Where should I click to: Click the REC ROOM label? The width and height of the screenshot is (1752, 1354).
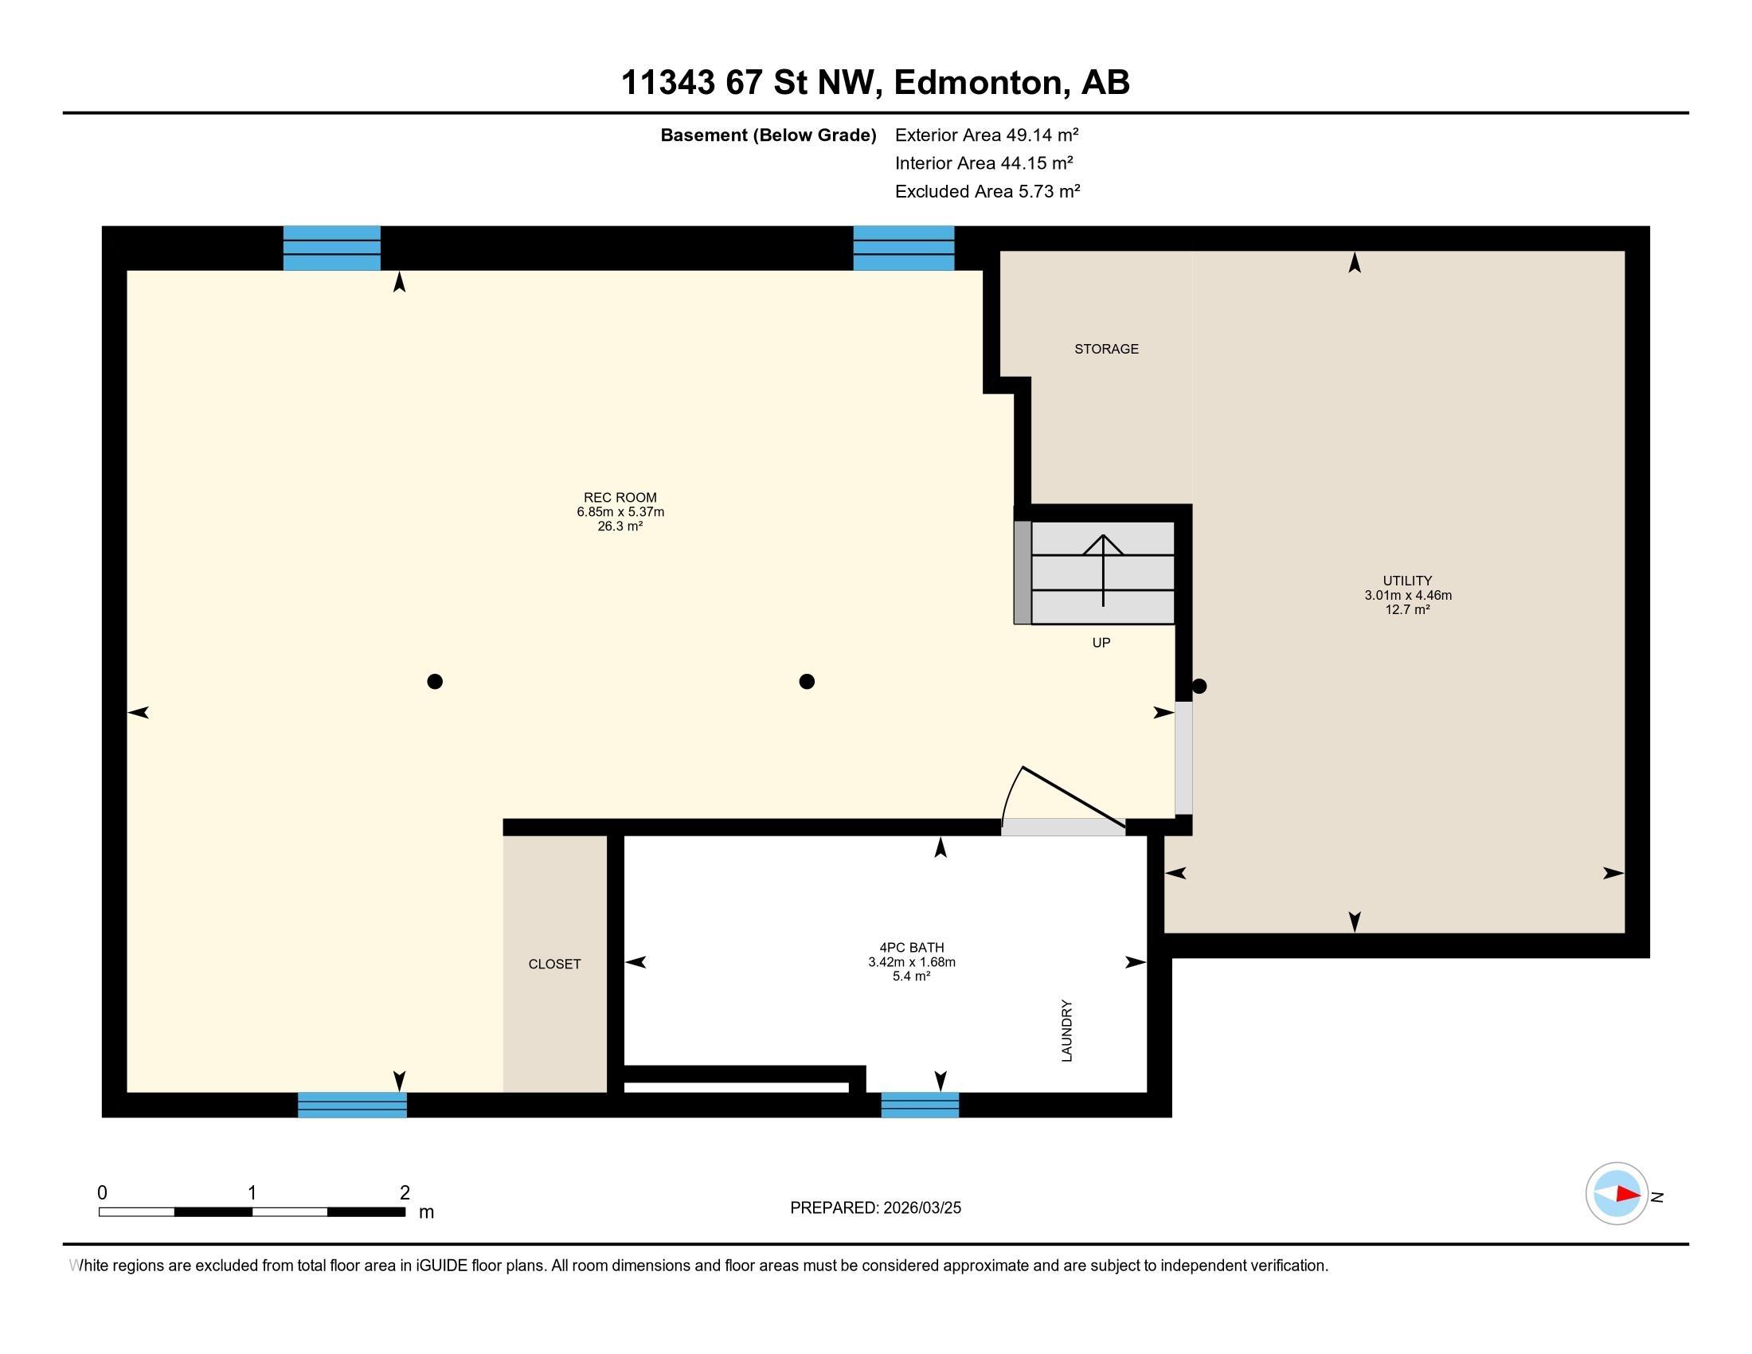pyautogui.click(x=620, y=497)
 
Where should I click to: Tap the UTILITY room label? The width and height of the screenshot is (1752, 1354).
pyautogui.click(x=1407, y=581)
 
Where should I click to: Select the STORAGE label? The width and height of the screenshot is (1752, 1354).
pyautogui.click(x=1106, y=349)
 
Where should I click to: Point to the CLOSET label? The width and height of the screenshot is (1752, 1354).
pyautogui.click(x=554, y=965)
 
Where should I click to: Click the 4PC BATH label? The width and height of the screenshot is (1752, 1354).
pyautogui.click(x=911, y=947)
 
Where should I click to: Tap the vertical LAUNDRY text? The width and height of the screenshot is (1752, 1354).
pyautogui.click(x=1067, y=1031)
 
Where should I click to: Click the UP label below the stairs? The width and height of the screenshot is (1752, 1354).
pyautogui.click(x=1101, y=643)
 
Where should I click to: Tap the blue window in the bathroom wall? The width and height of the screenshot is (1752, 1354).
pyautogui.click(x=919, y=1105)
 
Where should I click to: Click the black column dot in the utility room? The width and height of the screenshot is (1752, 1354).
pyautogui.click(x=1199, y=686)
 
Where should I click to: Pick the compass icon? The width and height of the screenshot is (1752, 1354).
pyautogui.click(x=1617, y=1194)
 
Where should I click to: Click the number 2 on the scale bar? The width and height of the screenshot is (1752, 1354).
pyautogui.click(x=405, y=1193)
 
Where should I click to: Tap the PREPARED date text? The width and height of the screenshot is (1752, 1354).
pyautogui.click(x=875, y=1208)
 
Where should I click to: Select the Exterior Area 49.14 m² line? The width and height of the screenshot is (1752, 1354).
pyautogui.click(x=987, y=135)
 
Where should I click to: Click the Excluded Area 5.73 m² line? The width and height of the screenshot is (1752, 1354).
pyautogui.click(x=987, y=191)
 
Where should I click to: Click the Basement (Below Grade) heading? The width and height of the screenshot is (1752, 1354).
pyautogui.click(x=768, y=135)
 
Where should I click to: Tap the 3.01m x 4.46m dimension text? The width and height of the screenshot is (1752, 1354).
pyautogui.click(x=1408, y=595)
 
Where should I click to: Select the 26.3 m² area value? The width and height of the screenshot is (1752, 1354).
pyautogui.click(x=620, y=526)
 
